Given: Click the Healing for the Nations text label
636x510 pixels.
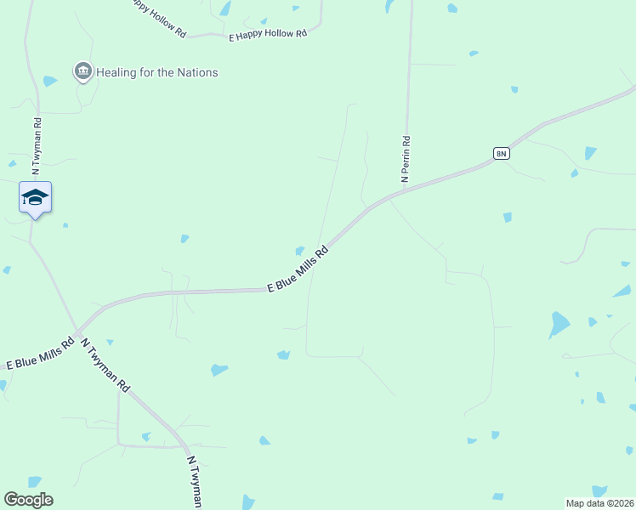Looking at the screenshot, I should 156,72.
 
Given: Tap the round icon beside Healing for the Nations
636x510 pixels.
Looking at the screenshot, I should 82,71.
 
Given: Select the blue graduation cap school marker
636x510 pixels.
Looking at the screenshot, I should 35,198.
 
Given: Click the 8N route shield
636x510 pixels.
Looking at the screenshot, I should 501,153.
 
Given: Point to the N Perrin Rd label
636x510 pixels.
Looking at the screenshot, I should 406,159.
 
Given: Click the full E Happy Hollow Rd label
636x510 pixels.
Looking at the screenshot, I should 268,35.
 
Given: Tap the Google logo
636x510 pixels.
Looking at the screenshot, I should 28,500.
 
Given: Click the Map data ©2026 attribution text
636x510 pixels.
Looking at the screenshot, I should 599,502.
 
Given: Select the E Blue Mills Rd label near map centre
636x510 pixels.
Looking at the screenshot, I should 298,270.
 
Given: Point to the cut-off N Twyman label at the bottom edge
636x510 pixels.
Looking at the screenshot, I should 194,482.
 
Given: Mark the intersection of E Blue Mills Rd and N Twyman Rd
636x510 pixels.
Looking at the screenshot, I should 78,331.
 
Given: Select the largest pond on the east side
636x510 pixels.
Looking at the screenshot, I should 559,325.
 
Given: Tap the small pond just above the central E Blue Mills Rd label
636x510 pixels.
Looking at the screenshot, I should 299,250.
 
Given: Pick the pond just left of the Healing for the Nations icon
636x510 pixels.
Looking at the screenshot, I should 50,82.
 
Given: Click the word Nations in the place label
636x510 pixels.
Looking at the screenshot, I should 196,72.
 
